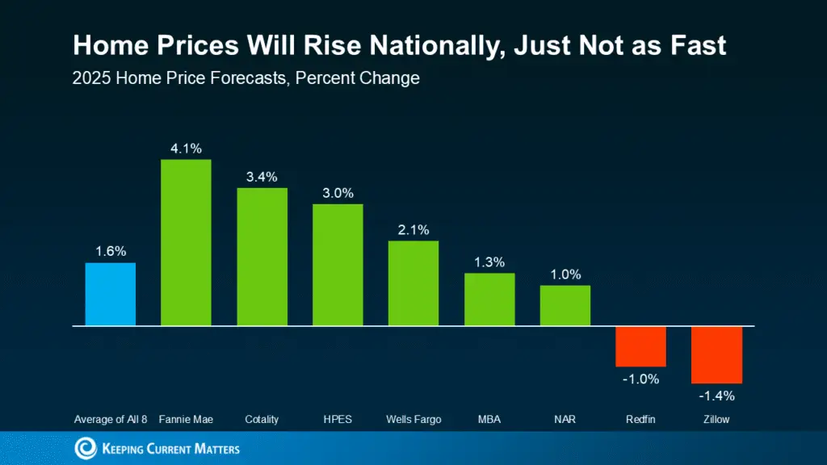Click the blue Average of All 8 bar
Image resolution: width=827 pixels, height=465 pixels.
(111, 295)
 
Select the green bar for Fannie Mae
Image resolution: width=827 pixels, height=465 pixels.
(186, 243)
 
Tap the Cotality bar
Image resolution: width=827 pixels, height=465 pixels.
(262, 257)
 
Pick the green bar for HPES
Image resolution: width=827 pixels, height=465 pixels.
(338, 265)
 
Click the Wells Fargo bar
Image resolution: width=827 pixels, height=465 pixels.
(413, 283)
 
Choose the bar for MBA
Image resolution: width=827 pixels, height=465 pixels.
(489, 300)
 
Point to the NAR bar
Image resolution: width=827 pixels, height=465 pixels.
(565, 305)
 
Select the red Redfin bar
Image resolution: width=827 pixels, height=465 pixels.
(640, 346)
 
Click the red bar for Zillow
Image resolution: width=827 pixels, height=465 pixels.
(716, 354)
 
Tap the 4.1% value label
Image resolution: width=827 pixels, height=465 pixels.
(186, 148)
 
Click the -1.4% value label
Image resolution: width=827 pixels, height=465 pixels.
(716, 396)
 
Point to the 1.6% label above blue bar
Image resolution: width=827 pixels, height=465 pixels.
(111, 251)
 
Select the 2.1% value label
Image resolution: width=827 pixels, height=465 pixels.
(413, 229)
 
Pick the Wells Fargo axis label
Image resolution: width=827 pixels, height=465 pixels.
(413, 420)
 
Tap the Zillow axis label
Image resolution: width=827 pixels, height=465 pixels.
(716, 420)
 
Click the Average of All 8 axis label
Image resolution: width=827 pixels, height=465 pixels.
(111, 420)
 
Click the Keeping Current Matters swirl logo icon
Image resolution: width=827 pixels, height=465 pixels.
(86, 448)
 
